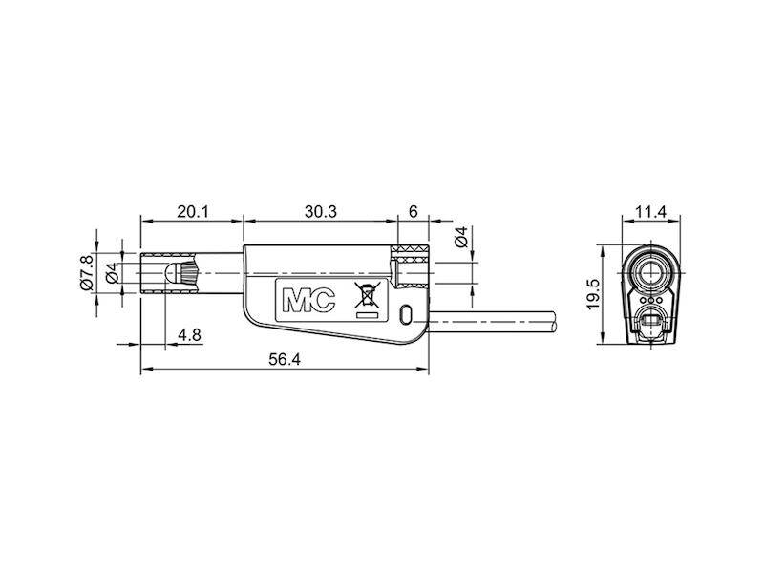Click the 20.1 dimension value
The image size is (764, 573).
pos(192,212)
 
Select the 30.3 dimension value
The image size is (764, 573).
pos(320,212)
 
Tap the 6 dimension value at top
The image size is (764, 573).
pos(413,212)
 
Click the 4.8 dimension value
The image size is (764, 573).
pos(190,334)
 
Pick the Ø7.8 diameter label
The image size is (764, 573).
pos(85,273)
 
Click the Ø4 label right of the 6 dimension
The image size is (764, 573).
pos(461,240)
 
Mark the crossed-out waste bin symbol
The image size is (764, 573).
pos(365,298)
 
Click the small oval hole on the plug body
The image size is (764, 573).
pos(408,314)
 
